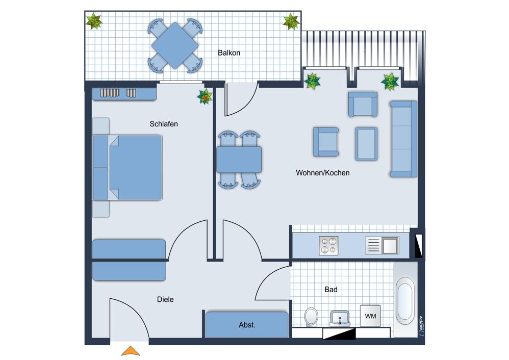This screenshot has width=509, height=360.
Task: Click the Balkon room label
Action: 229,53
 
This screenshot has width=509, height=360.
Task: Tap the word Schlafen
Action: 164,124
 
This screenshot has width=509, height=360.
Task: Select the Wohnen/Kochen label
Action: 323,173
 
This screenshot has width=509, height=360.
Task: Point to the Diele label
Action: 165,299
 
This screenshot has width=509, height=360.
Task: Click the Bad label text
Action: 331,289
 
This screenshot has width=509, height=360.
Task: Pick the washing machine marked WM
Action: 370,316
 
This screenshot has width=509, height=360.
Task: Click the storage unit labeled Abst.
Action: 247,324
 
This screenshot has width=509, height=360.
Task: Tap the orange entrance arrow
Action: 131,351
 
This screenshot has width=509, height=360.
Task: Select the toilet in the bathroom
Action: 312,317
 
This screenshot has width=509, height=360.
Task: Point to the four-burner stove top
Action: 328,245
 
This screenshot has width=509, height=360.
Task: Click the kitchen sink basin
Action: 390,245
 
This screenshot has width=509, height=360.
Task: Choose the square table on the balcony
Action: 175,45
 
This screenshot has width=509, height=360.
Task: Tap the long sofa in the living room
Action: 403,139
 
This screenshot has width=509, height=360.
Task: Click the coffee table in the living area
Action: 366,143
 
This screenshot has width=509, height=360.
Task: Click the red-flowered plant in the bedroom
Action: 205,97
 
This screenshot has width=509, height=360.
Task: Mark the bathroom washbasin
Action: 340,318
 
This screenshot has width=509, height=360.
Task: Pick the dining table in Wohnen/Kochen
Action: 239,160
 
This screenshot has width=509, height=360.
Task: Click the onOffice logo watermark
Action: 421,326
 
